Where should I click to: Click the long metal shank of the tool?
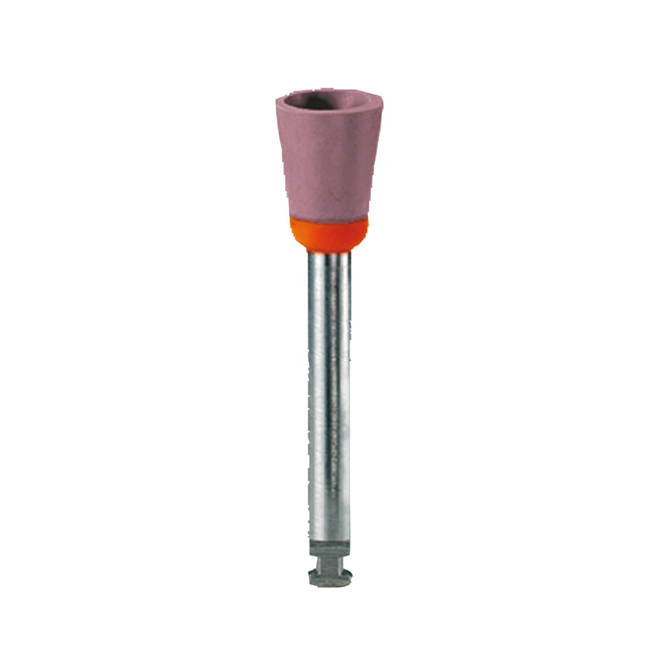[329, 389]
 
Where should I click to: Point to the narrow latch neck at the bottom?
[329, 563]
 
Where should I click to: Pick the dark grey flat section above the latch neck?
[329, 548]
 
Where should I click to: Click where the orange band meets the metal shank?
[329, 251]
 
